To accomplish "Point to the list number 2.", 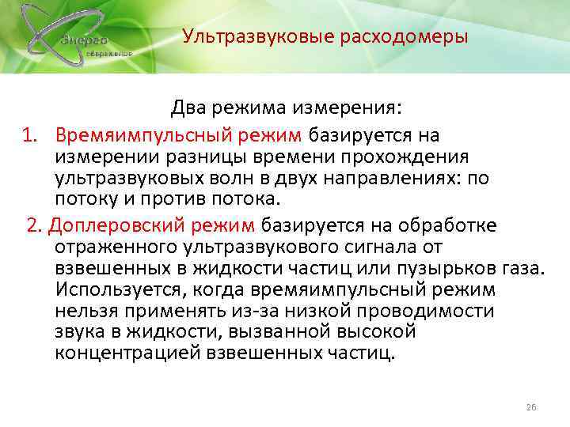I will (32, 225).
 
